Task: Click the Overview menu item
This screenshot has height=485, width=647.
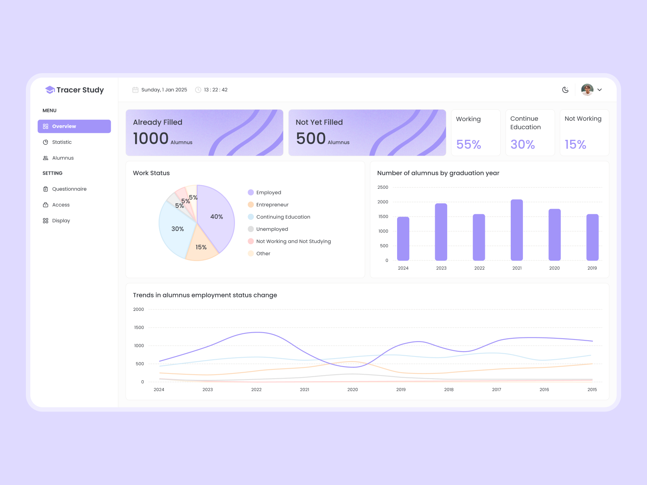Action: tap(74, 127)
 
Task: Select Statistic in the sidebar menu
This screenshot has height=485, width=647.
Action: tap(61, 142)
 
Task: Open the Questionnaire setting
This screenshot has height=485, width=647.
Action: tap(69, 189)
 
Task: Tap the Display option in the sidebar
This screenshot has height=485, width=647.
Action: tap(61, 221)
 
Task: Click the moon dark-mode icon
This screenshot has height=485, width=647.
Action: tap(565, 90)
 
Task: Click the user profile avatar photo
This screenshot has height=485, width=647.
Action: tap(587, 90)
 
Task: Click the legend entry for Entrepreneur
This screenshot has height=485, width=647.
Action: tap(272, 205)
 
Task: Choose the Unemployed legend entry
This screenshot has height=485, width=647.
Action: tap(272, 229)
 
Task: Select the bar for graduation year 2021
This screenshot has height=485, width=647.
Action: tap(517, 230)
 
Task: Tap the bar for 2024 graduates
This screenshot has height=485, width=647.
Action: tap(403, 238)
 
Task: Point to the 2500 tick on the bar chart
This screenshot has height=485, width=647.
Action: tap(383, 188)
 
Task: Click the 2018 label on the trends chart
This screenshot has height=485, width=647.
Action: tap(449, 390)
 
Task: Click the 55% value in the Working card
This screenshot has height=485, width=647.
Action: tap(469, 144)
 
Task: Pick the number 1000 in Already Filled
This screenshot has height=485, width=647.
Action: tap(151, 139)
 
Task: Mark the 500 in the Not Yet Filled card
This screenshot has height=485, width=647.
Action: tap(311, 139)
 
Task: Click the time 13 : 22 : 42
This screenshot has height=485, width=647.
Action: tap(216, 90)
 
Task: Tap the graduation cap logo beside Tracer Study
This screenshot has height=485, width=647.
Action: tap(50, 90)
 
